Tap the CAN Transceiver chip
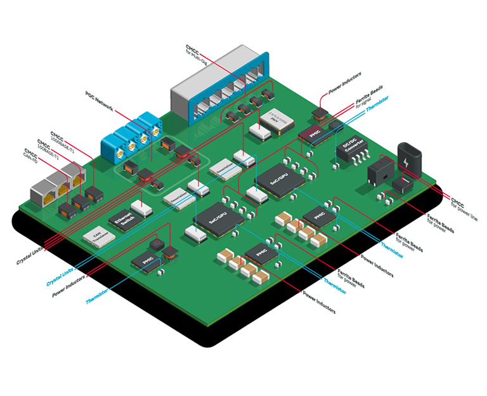pyautogui.click(x=99, y=237)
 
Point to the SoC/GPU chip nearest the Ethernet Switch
pyautogui.click(x=218, y=218)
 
